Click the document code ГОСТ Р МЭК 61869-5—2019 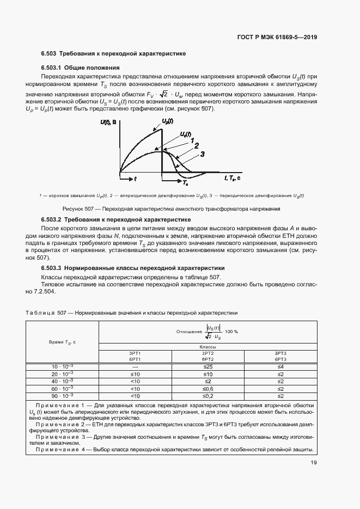tap(278, 38)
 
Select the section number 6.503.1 tap(52, 68)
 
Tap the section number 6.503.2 tap(52, 219)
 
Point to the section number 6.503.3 tap(52, 268)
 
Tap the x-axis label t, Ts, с tap(234, 177)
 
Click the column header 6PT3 tap(280, 359)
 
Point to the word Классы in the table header tap(208, 347)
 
